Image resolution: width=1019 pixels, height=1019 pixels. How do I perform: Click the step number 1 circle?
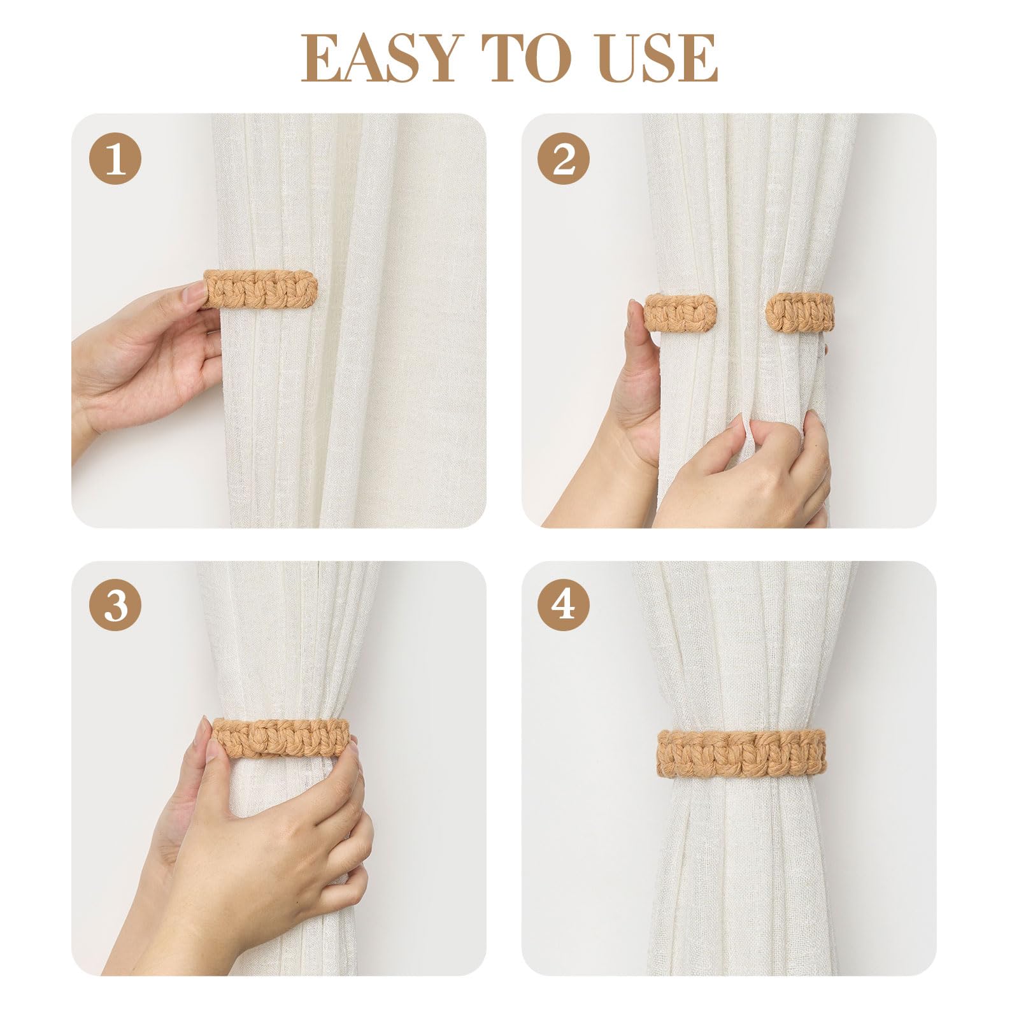click(x=115, y=159)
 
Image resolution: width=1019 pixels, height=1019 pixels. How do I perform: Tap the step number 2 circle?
click(x=564, y=159)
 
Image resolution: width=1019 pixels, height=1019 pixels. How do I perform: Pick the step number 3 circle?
click(x=115, y=605)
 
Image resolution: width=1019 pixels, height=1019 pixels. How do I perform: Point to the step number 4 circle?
click(x=564, y=605)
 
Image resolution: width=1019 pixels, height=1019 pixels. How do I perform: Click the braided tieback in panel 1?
click(x=260, y=290)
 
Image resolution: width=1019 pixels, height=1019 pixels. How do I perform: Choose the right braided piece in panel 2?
click(x=800, y=312)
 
